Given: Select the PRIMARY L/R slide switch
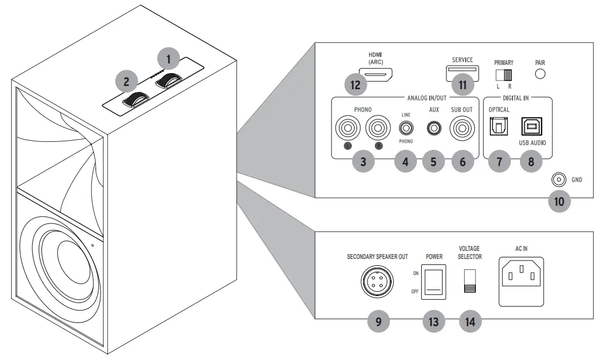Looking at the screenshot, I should pyautogui.click(x=504, y=74).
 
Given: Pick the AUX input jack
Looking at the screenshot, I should pyautogui.click(x=433, y=129).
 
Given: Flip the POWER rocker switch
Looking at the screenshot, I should pyautogui.click(x=433, y=281).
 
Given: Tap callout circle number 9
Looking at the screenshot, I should pyautogui.click(x=379, y=321).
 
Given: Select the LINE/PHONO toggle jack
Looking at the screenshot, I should pyautogui.click(x=406, y=129).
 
